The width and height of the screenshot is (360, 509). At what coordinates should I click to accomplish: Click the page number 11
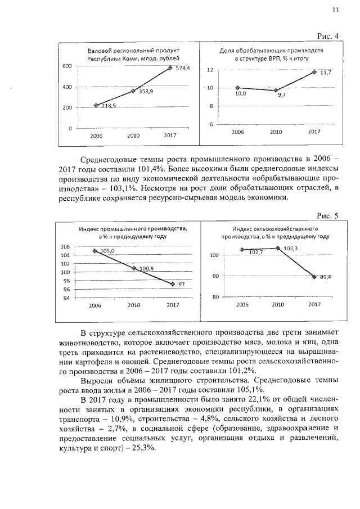336,8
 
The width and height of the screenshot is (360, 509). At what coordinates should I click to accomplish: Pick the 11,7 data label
325,73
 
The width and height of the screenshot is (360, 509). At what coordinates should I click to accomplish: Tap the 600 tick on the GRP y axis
66,66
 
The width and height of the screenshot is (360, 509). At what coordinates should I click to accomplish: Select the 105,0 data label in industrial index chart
107,251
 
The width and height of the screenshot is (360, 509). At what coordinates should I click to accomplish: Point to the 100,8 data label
147,269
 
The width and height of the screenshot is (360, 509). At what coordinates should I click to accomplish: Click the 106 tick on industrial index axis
65,247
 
